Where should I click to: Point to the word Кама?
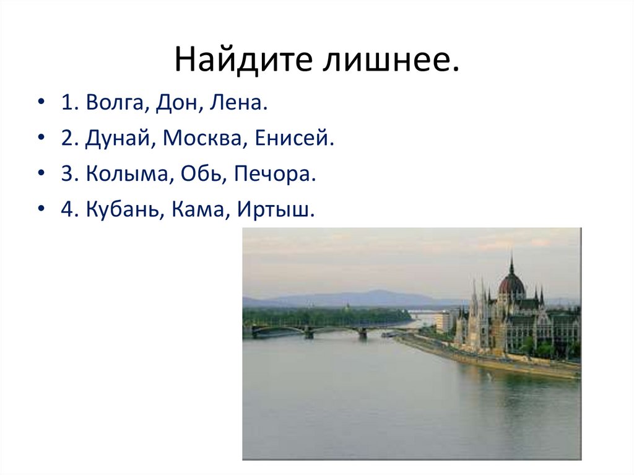(x=194, y=210)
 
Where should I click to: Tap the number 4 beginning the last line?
(x=66, y=210)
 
